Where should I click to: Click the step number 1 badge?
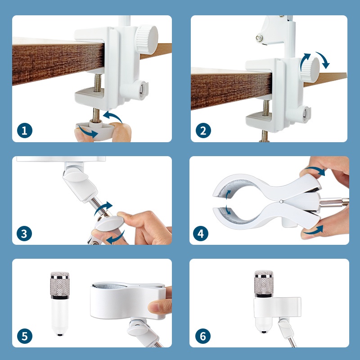pyautogui.click(x=25, y=130)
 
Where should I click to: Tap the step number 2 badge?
pyautogui.click(x=203, y=130)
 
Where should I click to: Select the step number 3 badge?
pyautogui.click(x=24, y=234)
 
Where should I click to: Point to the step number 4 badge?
pyautogui.click(x=201, y=234)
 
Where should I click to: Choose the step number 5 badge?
pyautogui.click(x=25, y=336)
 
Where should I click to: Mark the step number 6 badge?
pyautogui.click(x=203, y=336)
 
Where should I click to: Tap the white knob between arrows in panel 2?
pyautogui.click(x=310, y=68)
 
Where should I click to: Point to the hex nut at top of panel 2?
pyautogui.click(x=260, y=37)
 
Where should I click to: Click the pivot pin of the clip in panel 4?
pyautogui.click(x=282, y=202)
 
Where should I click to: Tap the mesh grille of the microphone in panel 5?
pyautogui.click(x=60, y=284)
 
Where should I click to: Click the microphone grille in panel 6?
pyautogui.click(x=264, y=283)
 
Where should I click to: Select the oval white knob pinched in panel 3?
pyautogui.click(x=108, y=223)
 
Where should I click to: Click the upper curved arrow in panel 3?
pyautogui.click(x=103, y=208)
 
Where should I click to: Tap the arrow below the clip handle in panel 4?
pyautogui.click(x=313, y=231)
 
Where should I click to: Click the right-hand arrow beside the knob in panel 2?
pyautogui.click(x=323, y=60)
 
